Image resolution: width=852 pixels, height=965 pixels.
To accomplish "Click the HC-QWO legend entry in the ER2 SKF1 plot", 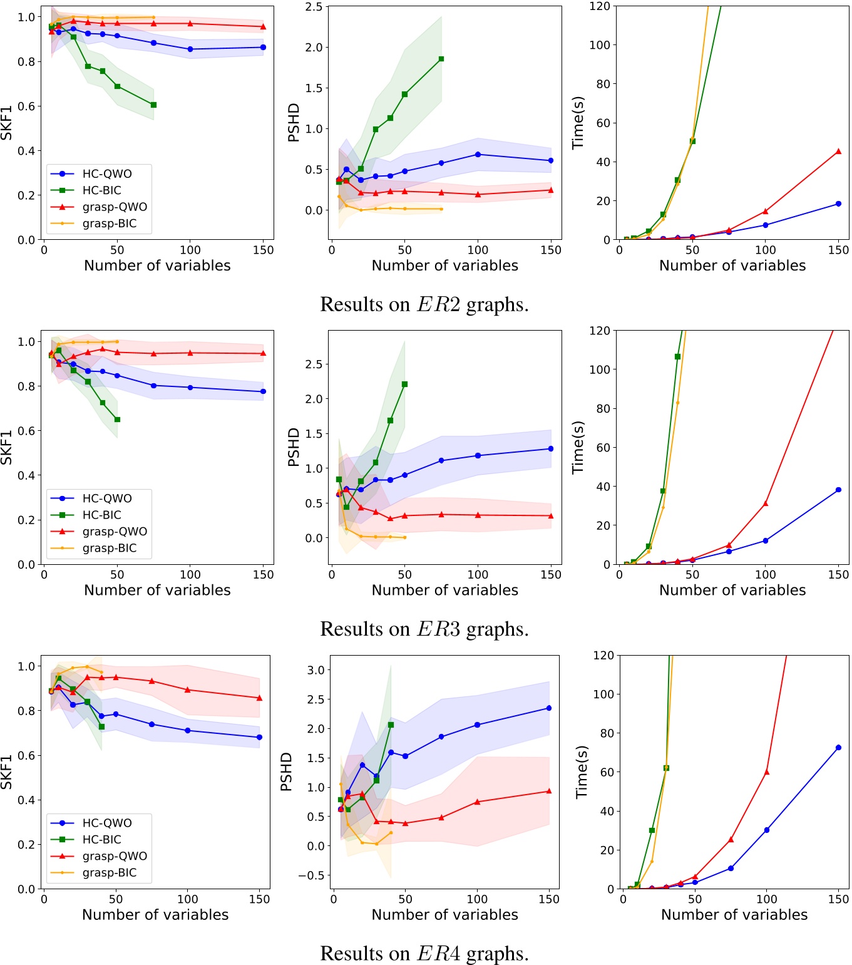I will (106, 174).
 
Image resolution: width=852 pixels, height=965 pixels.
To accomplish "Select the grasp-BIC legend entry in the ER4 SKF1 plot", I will (109, 872).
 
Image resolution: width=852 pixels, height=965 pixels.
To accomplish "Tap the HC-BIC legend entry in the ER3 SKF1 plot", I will (101, 515).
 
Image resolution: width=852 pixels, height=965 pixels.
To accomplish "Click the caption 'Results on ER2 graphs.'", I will (424, 304).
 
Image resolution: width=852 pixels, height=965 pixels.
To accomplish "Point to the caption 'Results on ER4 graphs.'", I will (424, 953).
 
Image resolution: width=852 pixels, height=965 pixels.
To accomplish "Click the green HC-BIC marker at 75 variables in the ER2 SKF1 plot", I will (153, 105).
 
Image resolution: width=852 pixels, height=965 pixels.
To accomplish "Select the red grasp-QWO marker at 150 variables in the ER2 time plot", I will (838, 152).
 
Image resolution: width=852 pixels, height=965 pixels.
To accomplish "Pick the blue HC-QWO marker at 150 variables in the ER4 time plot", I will (838, 748).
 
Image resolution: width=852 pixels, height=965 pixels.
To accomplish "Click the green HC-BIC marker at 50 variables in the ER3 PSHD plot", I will (404, 384).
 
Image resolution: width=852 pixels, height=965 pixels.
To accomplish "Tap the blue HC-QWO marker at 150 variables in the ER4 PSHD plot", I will (549, 708).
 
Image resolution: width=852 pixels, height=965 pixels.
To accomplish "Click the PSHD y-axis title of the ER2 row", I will (294, 123).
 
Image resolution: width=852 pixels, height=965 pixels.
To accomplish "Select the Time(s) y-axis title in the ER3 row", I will (578, 446).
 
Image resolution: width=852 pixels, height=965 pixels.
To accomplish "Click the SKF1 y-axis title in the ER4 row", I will (7, 771).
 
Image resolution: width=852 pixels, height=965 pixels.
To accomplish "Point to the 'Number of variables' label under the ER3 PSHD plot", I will (444, 590).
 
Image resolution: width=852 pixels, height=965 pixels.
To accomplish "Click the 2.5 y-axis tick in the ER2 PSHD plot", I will (314, 7).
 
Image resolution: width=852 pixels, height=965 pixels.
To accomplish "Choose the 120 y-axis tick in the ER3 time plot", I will (599, 331).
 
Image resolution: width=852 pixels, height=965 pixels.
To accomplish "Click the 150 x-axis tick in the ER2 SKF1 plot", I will (264, 250).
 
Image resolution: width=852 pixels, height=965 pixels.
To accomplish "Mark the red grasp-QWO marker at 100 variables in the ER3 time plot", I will (765, 503).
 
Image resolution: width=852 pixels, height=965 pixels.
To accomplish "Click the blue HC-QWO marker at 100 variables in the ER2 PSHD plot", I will (478, 154).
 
